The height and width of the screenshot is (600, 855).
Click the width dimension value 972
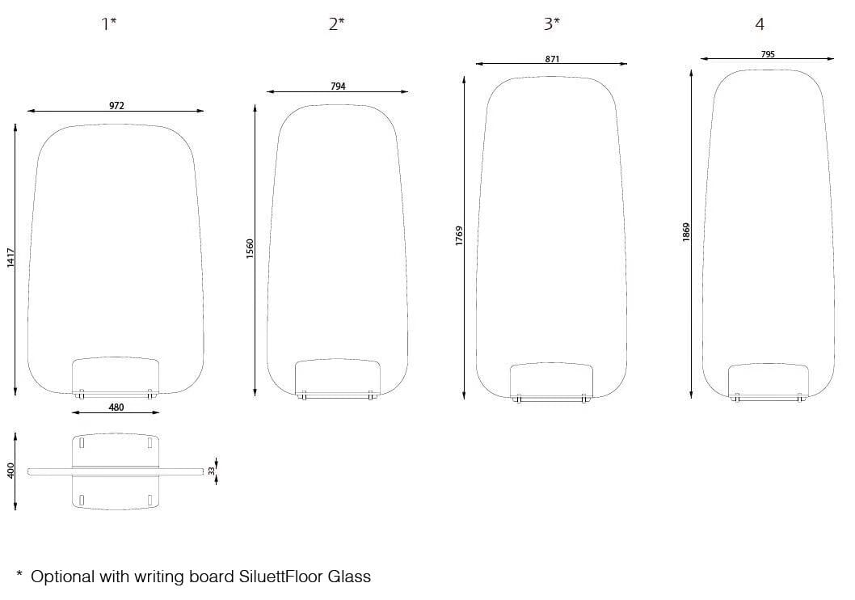[x=116, y=106]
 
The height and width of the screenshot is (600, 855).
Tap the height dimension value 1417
[x=11, y=257]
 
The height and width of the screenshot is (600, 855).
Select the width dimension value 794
[x=338, y=87]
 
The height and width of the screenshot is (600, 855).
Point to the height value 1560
[x=250, y=249]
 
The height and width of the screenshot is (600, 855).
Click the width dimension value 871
[x=553, y=59]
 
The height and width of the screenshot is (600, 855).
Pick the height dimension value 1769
[x=459, y=235]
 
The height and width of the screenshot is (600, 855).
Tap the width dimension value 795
[x=768, y=54]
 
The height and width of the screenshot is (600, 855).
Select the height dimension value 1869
[x=686, y=232]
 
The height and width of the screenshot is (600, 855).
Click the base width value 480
[x=116, y=407]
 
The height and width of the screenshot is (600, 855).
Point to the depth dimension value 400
[x=11, y=471]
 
